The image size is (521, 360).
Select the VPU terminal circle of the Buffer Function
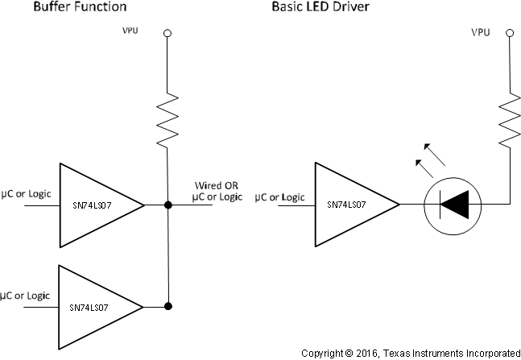point(167,34)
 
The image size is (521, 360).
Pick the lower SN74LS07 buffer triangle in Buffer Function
point(95,307)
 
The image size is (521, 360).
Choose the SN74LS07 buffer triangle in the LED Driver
point(350,205)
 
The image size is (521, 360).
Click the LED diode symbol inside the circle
point(453,205)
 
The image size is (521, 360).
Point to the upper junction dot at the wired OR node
point(167,205)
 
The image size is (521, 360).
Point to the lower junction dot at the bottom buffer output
point(167,307)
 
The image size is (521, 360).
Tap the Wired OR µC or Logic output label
point(215,191)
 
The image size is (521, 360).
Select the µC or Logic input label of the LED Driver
point(280,196)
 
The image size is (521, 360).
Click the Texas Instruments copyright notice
point(411,353)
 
